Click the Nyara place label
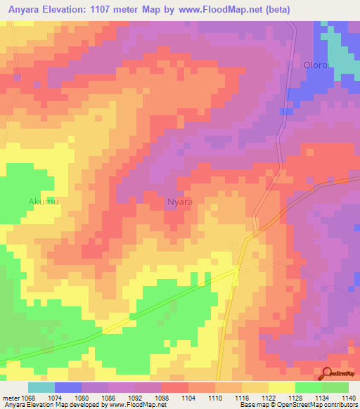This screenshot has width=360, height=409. pyautogui.click(x=180, y=202)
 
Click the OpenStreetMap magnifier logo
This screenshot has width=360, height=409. pyautogui.click(x=328, y=375)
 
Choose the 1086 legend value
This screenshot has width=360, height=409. pyautogui.click(x=108, y=398)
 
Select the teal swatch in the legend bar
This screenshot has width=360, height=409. pyautogui.click(x=41, y=387)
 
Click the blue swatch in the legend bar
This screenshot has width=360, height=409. pyautogui.click(x=68, y=387)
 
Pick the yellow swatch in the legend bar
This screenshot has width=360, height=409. pyautogui.click(x=282, y=387)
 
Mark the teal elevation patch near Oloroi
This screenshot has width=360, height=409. pyautogui.click(x=340, y=60)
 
